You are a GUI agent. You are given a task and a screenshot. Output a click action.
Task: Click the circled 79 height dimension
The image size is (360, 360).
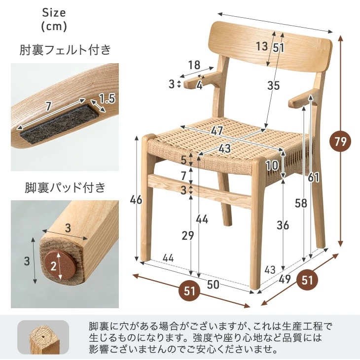pos(340,142)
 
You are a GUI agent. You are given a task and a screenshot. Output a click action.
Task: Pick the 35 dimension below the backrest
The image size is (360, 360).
pos(273,85)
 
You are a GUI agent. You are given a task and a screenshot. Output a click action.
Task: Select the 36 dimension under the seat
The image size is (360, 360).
pos(283,225)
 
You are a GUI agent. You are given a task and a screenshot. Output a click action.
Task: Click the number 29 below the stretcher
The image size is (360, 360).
pos(187,236)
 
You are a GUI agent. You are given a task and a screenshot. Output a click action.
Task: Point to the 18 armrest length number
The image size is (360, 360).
pos(194,65)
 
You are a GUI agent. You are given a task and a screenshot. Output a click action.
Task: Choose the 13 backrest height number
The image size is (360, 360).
pos(262,47)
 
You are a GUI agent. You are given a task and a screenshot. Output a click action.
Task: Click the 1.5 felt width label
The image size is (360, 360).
pos(107,99)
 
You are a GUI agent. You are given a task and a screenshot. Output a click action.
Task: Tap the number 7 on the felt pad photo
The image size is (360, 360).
pos(48,106)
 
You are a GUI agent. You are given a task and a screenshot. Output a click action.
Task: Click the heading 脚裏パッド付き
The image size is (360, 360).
pos(65,187)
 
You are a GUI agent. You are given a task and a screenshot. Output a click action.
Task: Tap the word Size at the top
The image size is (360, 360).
pos(54,12)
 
